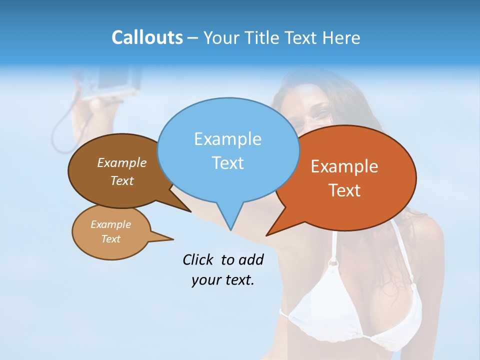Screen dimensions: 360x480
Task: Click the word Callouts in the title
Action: click(x=147, y=38)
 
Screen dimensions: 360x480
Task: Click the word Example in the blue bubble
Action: click(x=227, y=139)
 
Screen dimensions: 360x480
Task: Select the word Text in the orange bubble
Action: click(x=344, y=190)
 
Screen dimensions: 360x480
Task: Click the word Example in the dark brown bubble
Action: click(x=121, y=162)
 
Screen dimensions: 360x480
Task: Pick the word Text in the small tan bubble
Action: click(x=110, y=239)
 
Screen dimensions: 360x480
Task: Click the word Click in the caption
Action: click(x=197, y=259)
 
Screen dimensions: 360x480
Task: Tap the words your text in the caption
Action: click(x=223, y=280)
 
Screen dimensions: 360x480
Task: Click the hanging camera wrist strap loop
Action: click(x=62, y=135)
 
